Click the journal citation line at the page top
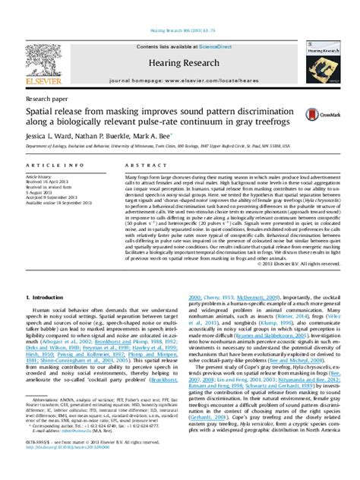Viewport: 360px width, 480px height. pyautogui.click(x=179, y=8)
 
